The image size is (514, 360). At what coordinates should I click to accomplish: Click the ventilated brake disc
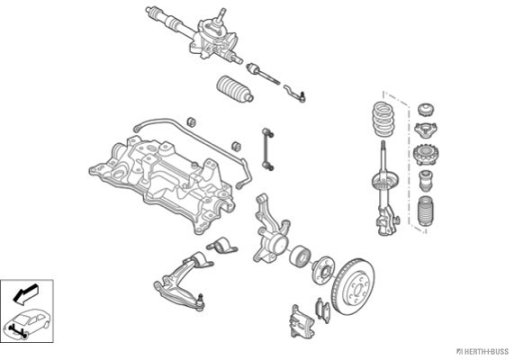click(354, 287)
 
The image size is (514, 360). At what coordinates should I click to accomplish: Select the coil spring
click(383, 119)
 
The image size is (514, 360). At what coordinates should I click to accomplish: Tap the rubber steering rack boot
click(235, 88)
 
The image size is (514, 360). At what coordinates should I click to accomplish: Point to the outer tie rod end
click(295, 93)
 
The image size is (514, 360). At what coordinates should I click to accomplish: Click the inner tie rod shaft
click(263, 74)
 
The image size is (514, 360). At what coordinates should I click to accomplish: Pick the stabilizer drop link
click(267, 149)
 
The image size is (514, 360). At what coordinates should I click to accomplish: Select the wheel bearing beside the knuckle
click(299, 255)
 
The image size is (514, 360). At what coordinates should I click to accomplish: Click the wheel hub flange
click(322, 271)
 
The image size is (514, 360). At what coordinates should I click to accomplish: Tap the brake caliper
click(302, 322)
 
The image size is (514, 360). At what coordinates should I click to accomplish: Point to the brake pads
click(322, 310)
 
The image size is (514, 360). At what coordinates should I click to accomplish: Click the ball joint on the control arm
click(201, 302)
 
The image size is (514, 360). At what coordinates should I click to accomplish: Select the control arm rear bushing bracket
click(221, 245)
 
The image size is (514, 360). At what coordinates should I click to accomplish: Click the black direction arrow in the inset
click(25, 293)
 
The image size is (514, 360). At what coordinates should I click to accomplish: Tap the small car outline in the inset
click(27, 323)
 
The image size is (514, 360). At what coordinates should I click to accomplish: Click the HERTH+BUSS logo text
click(482, 352)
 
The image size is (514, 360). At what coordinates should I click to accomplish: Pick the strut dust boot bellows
click(425, 211)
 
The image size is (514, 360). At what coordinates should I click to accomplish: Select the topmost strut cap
click(426, 109)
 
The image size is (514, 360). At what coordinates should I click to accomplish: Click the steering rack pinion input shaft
click(221, 15)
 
